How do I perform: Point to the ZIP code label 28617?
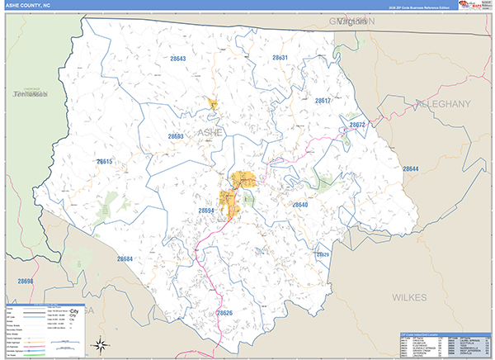pyautogui.click(x=323, y=101)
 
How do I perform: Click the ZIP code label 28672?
pyautogui.click(x=356, y=125)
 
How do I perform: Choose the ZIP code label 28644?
pyautogui.click(x=411, y=168)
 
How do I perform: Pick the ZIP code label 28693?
pyautogui.click(x=175, y=136)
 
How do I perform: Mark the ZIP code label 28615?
pyautogui.click(x=104, y=162)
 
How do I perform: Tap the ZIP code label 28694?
pyautogui.click(x=206, y=211)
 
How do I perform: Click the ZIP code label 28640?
pyautogui.click(x=299, y=204)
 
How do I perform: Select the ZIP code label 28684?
pyautogui.click(x=125, y=258)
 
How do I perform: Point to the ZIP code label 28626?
pyautogui.click(x=224, y=313)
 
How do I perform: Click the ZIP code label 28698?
pyautogui.click(x=25, y=282)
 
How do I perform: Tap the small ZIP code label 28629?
pyautogui.click(x=323, y=254)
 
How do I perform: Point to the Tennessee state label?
pyautogui.click(x=31, y=96)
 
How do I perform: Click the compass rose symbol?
pyautogui.click(x=99, y=344)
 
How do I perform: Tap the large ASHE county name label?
pyautogui.click(x=210, y=131)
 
